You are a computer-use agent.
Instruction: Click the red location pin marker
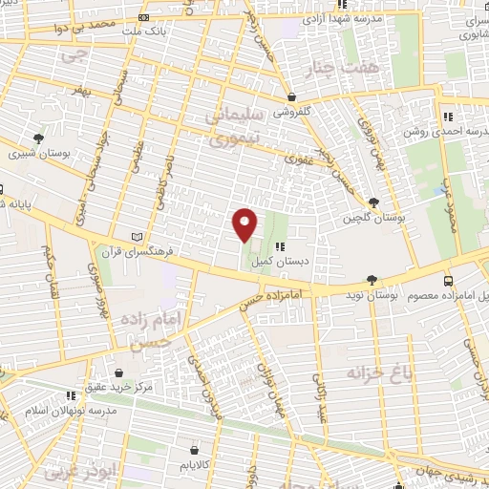245,224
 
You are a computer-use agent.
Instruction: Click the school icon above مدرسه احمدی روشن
446,117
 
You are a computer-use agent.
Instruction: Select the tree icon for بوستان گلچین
372,202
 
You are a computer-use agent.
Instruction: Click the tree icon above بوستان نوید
371,280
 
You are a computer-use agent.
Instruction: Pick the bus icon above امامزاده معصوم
448,281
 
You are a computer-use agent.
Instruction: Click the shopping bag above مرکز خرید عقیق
117,372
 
